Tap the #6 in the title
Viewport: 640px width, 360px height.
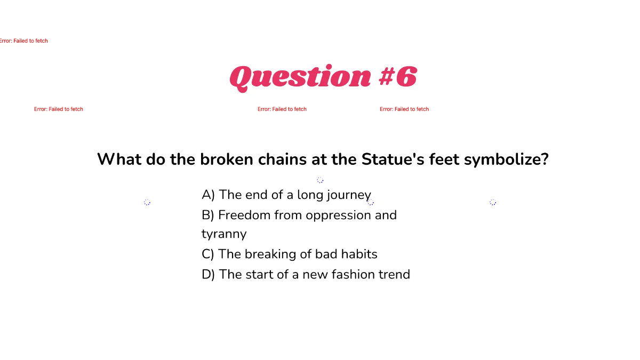point(397,77)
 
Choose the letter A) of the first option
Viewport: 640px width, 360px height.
point(208,195)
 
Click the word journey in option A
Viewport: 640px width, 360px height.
point(349,195)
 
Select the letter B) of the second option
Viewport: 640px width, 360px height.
point(207,215)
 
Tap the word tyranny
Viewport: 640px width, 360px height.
point(224,235)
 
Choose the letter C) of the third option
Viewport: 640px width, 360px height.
point(208,254)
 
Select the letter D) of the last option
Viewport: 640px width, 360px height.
point(208,275)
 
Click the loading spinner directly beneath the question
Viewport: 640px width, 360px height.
point(320,180)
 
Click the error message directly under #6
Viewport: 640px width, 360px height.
point(404,109)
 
